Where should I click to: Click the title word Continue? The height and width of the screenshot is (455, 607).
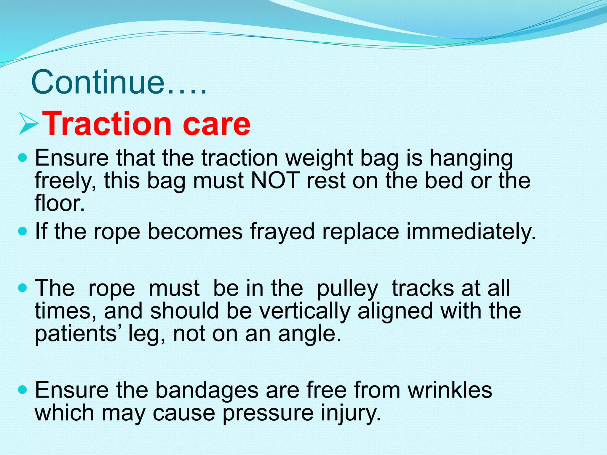click(98, 82)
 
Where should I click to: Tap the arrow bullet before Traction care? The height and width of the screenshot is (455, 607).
click(29, 124)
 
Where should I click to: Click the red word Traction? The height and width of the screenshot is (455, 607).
click(107, 124)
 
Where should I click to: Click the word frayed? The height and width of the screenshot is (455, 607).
click(282, 232)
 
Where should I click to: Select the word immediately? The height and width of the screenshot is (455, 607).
click(471, 232)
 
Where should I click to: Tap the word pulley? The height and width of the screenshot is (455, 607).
click(347, 289)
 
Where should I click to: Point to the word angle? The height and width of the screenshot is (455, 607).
click(309, 334)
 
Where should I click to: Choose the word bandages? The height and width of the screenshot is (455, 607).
click(207, 390)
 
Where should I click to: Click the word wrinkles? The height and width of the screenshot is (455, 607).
click(450, 390)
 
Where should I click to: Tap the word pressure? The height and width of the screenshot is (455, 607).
click(268, 414)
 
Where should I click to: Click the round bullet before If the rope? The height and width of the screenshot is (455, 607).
click(23, 231)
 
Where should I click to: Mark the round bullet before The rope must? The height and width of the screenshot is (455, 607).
click(23, 287)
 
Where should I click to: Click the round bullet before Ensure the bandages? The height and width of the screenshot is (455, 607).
click(23, 389)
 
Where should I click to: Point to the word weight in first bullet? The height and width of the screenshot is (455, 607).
click(319, 158)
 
